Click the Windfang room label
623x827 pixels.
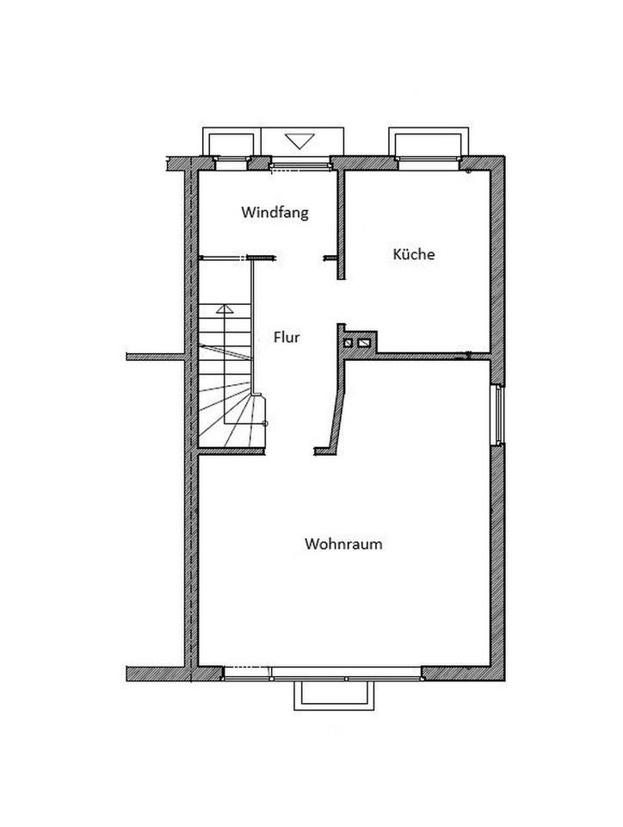pyautogui.click(x=274, y=213)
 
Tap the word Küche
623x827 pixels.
pyautogui.click(x=414, y=254)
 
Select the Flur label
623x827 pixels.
pyautogui.click(x=287, y=337)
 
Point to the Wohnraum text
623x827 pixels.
pyautogui.click(x=343, y=544)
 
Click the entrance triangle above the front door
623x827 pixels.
pyautogui.click(x=299, y=140)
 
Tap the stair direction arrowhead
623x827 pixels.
pyautogui.click(x=225, y=309)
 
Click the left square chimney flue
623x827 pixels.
pyautogui.click(x=349, y=343)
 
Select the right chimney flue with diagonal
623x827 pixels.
pyautogui.click(x=364, y=343)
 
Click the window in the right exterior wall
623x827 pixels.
pyautogui.click(x=497, y=415)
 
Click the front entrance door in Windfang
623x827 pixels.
pyautogui.click(x=300, y=167)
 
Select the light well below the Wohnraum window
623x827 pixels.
pyautogui.click(x=334, y=695)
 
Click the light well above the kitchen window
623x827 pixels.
pyautogui.click(x=429, y=142)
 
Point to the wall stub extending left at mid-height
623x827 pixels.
pyautogui.click(x=156, y=357)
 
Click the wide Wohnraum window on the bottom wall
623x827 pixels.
pyautogui.click(x=323, y=674)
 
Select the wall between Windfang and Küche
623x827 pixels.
pyautogui.click(x=342, y=224)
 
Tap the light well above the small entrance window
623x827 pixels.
pyautogui.click(x=231, y=142)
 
